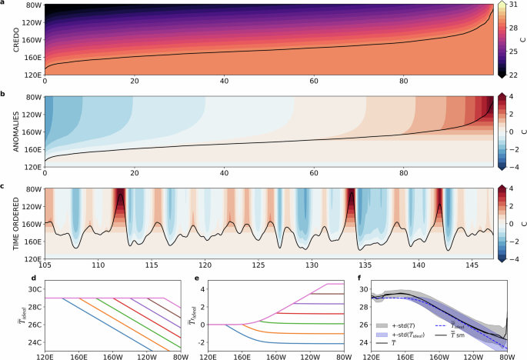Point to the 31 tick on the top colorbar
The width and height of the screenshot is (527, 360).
coord(515,5)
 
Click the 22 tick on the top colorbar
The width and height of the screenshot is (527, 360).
coord(515,74)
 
